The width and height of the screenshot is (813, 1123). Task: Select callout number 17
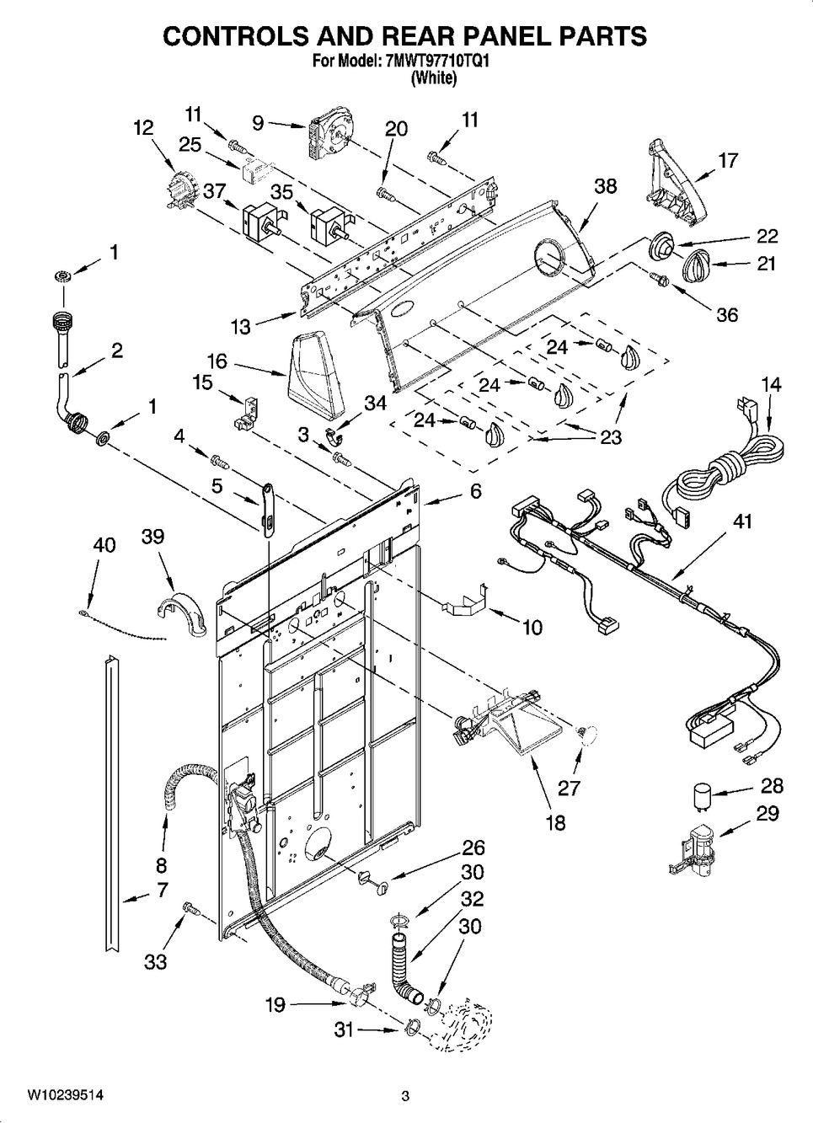click(728, 160)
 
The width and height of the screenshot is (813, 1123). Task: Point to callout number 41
click(741, 521)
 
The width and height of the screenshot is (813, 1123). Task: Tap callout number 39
click(153, 537)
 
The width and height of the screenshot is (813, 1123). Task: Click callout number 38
click(605, 188)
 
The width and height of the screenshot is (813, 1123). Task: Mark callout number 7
click(162, 889)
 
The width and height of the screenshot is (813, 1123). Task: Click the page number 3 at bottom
click(405, 1096)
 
